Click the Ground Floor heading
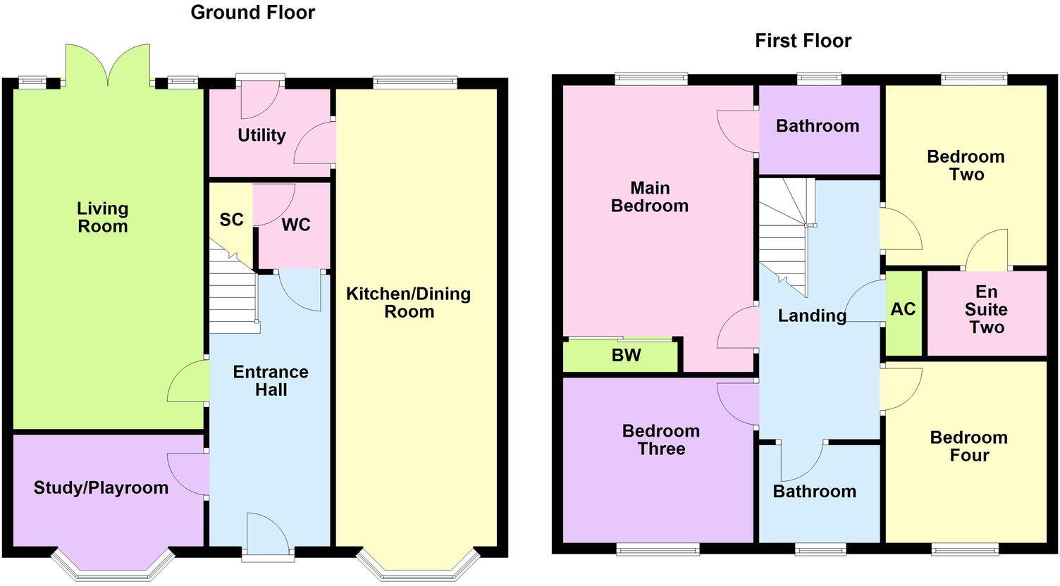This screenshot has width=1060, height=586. point(252,13)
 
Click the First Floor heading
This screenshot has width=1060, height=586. point(803,41)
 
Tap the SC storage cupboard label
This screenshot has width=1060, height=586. point(231,220)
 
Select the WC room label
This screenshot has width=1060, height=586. point(296,225)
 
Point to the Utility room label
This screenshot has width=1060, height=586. point(261,135)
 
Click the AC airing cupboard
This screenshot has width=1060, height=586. point(903,309)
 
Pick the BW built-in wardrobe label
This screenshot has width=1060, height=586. point(626,356)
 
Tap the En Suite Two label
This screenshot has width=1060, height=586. point(986,310)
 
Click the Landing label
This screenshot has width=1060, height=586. point(812,316)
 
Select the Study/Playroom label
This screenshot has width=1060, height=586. point(101,488)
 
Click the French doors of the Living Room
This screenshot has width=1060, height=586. point(108,67)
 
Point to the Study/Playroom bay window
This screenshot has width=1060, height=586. point(113,567)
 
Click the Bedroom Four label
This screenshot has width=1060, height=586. point(968,447)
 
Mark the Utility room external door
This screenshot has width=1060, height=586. point(259,99)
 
